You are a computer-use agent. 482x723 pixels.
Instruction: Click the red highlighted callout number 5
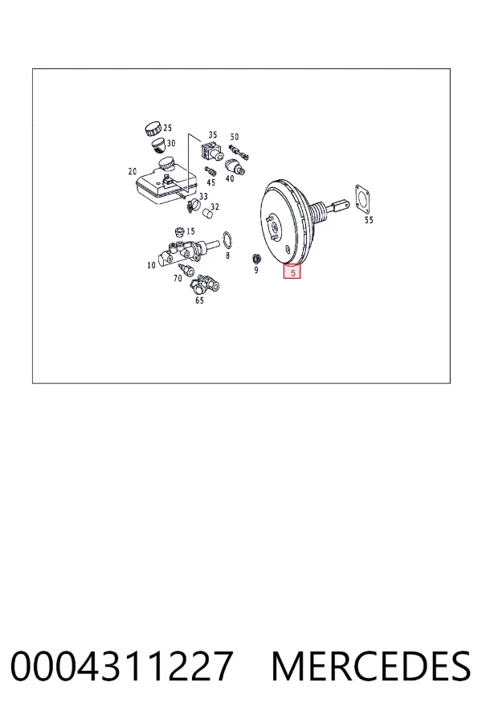tap(292, 272)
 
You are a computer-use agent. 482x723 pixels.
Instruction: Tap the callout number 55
tap(369, 220)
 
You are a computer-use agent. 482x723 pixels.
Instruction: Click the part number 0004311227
tap(121, 666)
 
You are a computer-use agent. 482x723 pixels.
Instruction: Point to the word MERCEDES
tap(371, 666)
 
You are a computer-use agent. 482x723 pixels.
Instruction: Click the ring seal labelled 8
tap(227, 240)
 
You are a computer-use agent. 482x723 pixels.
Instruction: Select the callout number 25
tap(167, 128)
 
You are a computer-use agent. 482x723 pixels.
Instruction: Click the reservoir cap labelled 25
tap(153, 129)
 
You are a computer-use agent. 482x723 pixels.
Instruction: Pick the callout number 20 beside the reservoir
tap(133, 172)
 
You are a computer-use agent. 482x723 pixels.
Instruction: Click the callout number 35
tap(212, 135)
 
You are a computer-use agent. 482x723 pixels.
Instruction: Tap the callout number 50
tap(235, 137)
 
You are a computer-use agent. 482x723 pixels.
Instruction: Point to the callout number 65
tap(199, 300)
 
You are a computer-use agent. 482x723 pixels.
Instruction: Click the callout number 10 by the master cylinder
tap(151, 265)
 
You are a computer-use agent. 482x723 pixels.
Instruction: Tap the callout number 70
tap(178, 278)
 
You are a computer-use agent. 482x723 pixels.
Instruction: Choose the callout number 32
tap(214, 206)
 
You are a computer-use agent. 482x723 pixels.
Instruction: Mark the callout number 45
tap(210, 182)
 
